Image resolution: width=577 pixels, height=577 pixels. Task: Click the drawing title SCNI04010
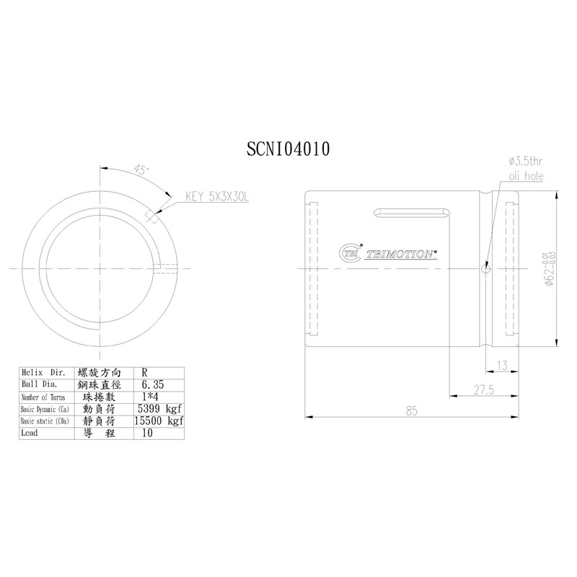click(x=288, y=149)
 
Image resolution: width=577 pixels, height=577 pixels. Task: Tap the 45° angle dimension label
click(x=141, y=169)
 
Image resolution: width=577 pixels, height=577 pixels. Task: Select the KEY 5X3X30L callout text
click(x=216, y=195)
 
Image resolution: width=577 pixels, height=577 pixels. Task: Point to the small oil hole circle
click(x=485, y=270)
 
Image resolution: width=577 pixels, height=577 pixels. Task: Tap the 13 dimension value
click(x=503, y=366)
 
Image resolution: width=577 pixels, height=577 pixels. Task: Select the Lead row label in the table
click(x=30, y=433)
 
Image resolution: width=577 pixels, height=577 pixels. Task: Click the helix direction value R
click(x=147, y=373)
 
